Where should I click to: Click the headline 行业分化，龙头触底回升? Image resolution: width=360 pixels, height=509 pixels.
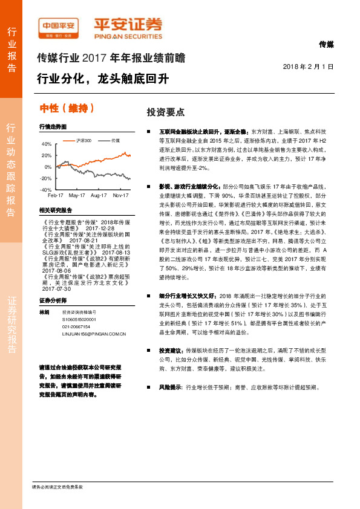102,79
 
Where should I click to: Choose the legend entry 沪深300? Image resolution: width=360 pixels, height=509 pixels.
82,140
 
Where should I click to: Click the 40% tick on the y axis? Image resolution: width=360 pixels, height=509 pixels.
47,144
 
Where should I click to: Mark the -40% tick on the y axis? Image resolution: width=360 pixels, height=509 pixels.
46,190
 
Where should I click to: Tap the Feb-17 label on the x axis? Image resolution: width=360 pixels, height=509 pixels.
56,196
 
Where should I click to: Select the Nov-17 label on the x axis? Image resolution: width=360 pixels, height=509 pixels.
122,196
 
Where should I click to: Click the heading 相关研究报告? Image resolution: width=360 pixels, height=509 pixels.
55,210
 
